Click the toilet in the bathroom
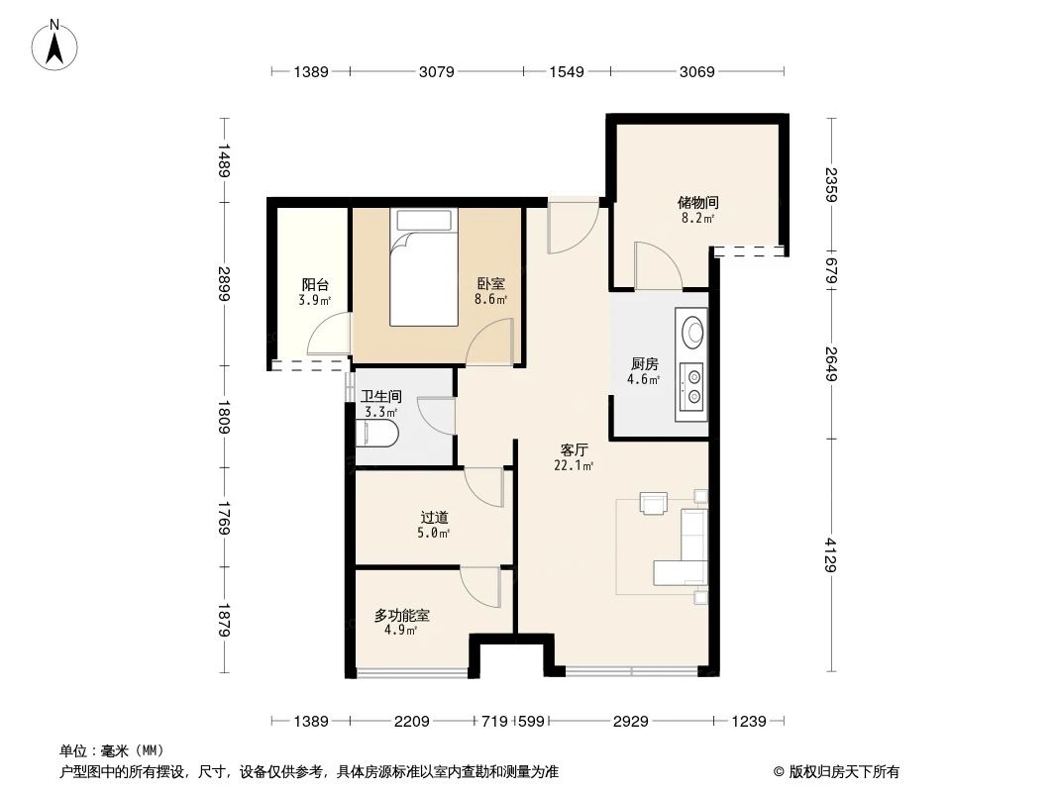pos(377,434)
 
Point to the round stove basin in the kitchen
pos(692,330)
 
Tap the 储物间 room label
pos(698,202)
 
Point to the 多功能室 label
pos(401,615)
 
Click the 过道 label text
pos(434,517)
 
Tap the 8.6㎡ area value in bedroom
pos(491,299)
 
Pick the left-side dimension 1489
pos(225,160)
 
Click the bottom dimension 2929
pos(629,722)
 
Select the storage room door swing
pos(656,265)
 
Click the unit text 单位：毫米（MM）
pos(112,750)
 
